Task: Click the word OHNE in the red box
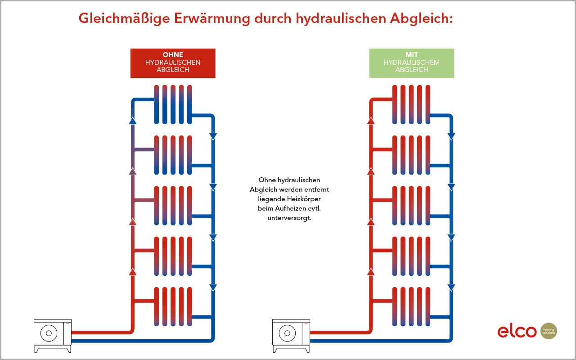[x=173, y=55]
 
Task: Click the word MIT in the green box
[x=411, y=55]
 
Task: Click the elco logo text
[x=517, y=331]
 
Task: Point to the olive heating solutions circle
[x=549, y=331]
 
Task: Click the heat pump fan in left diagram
[x=49, y=333]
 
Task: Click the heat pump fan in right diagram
[x=287, y=333]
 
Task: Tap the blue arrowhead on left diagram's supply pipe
[x=132, y=120]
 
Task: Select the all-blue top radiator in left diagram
[x=173, y=104]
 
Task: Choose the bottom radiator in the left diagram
[x=173, y=306]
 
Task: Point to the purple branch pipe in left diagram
[x=143, y=150]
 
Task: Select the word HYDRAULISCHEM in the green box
[x=411, y=63]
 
